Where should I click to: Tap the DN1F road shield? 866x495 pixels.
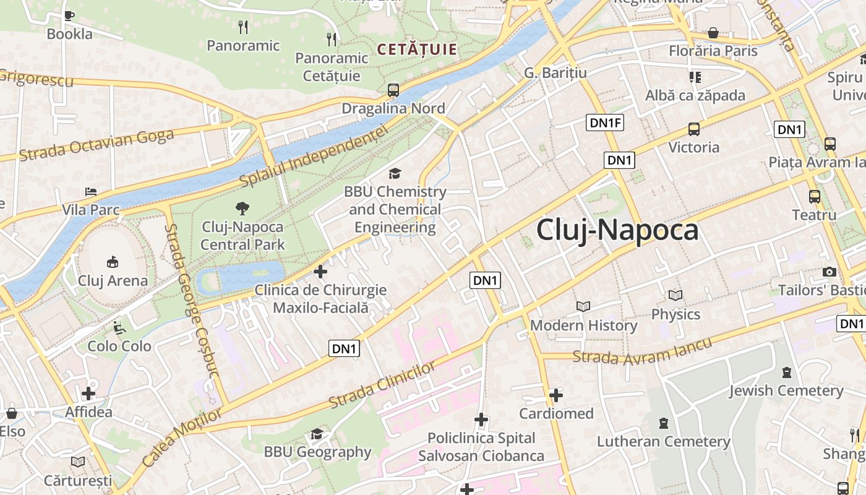tap(606, 123)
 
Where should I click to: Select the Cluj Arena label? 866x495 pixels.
tap(113, 280)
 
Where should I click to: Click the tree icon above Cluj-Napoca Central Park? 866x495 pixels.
tap(242, 209)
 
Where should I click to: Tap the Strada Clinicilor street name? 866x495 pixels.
tap(382, 385)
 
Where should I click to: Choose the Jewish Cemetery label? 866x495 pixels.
tap(786, 390)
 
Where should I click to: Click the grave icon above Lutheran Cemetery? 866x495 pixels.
tap(664, 423)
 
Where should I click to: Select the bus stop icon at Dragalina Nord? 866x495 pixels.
tap(393, 90)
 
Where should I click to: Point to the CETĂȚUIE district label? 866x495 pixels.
tap(416, 49)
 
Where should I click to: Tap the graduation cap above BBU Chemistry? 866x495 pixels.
tap(395, 174)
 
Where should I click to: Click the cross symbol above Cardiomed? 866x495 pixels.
tap(556, 395)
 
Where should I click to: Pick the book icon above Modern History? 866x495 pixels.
tap(583, 306)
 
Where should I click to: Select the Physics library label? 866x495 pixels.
tap(675, 314)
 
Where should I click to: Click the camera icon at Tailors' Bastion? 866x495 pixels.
tap(829, 272)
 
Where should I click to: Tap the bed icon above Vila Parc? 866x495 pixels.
tap(91, 192)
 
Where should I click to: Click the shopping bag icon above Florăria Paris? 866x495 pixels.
tap(713, 33)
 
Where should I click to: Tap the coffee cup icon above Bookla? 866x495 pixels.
tap(69, 15)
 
